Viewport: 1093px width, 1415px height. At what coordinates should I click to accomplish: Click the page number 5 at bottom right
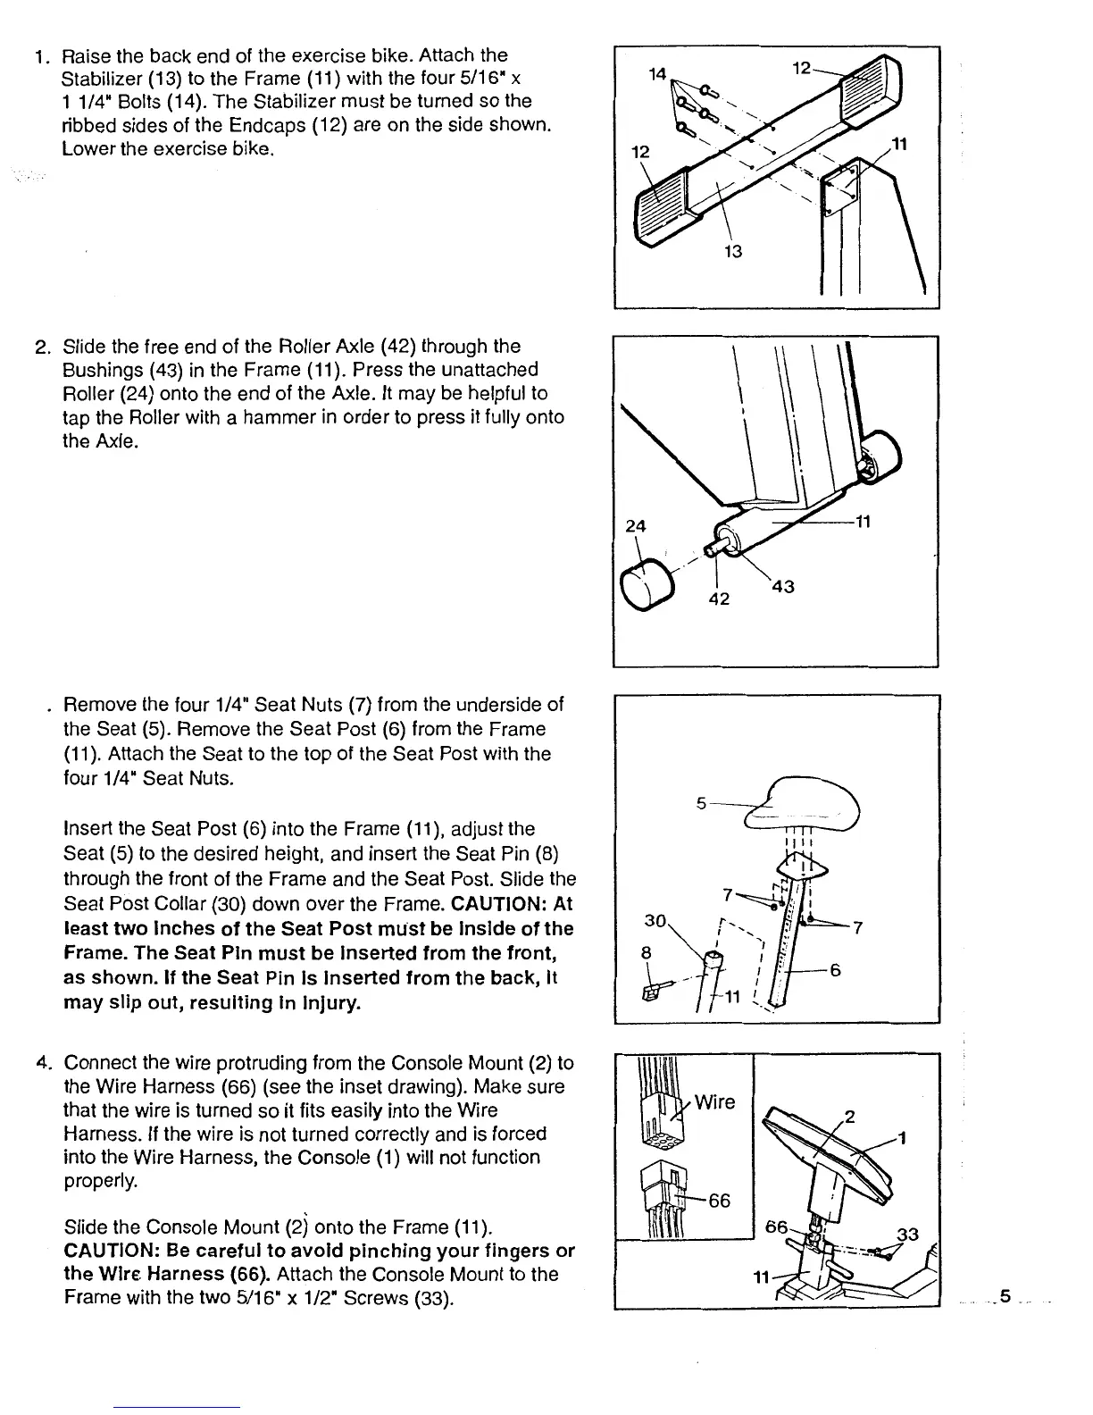tap(1005, 1295)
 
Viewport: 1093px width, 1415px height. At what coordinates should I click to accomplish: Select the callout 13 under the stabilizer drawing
tap(733, 251)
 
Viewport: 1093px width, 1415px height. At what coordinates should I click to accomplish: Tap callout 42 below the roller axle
tap(718, 599)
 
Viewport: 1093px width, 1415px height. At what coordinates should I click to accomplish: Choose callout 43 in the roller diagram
tap(783, 587)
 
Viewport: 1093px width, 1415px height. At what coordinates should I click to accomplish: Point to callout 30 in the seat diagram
tap(655, 921)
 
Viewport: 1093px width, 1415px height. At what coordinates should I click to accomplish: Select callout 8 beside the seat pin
tap(647, 952)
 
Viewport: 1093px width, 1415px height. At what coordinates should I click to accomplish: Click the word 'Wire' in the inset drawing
tap(715, 1101)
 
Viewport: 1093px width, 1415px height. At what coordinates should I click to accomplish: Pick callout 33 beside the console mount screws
tap(907, 1235)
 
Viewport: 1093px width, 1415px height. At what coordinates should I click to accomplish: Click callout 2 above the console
tap(850, 1117)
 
